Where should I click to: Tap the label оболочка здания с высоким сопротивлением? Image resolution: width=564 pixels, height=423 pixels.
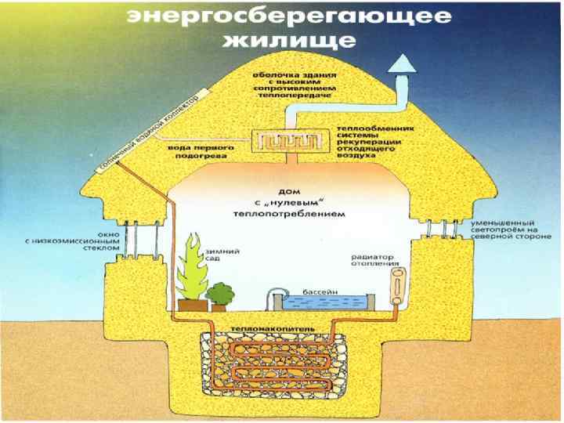pos(293,84)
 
